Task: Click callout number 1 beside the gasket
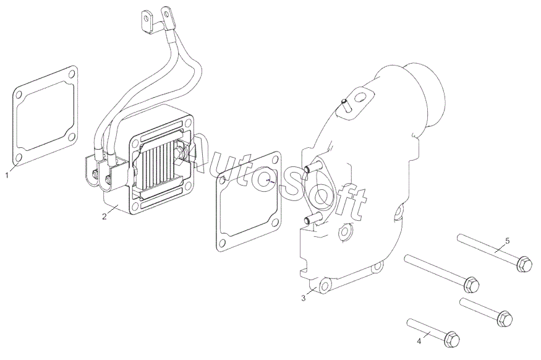(x=7, y=175)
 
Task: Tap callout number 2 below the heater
(x=104, y=216)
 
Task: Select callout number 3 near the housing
(x=304, y=298)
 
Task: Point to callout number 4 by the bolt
(x=419, y=341)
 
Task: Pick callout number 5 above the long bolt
(x=507, y=241)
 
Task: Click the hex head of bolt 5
(x=524, y=264)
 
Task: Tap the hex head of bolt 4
(x=452, y=340)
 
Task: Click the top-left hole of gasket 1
(x=19, y=94)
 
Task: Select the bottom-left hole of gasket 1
(x=19, y=158)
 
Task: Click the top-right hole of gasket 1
(x=71, y=74)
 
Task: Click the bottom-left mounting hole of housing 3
(x=325, y=285)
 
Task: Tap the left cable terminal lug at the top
(x=147, y=22)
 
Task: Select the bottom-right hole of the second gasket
(x=275, y=222)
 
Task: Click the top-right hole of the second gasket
(x=275, y=160)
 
